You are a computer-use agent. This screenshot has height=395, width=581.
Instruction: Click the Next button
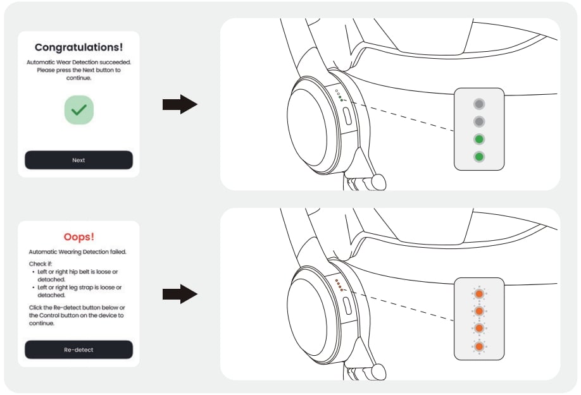[78, 160]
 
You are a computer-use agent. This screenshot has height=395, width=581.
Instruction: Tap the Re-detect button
[78, 349]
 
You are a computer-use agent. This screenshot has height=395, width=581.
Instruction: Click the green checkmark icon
[78, 111]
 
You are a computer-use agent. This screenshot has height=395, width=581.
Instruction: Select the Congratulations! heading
[78, 47]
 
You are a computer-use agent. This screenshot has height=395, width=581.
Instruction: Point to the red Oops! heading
[78, 237]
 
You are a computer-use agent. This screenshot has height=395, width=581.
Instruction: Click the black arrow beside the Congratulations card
[180, 104]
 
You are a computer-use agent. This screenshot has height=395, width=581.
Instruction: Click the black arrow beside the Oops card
[180, 294]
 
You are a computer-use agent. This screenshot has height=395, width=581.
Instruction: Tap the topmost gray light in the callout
[479, 104]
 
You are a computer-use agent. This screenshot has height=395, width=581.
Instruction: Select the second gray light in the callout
[479, 121]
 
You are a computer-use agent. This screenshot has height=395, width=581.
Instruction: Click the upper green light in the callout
[479, 139]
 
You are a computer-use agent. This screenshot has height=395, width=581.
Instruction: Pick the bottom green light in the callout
[479, 156]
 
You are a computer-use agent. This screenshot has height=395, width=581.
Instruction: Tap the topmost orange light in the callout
[479, 294]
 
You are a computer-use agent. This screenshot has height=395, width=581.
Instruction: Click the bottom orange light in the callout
[479, 346]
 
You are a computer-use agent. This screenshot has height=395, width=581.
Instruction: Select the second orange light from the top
[479, 312]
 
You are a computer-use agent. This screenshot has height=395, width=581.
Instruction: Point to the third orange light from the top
[479, 329]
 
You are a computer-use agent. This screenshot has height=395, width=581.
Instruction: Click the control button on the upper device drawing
[347, 116]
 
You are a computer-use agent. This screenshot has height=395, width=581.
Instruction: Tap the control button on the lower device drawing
[347, 306]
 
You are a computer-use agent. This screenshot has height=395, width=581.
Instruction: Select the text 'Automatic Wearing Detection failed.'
[77, 252]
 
